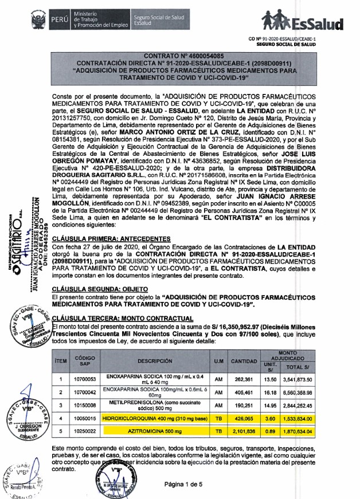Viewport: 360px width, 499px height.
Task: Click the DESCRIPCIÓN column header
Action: pyautogui.click(x=155, y=362)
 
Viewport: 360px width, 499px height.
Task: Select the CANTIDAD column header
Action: pyautogui.click(x=244, y=362)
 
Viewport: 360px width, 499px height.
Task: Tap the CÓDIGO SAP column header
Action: pyautogui.click(x=85, y=362)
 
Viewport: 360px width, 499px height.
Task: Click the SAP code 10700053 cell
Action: pyautogui.click(x=85, y=379)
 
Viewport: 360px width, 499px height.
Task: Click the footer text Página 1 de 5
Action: pyautogui.click(x=198, y=485)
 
